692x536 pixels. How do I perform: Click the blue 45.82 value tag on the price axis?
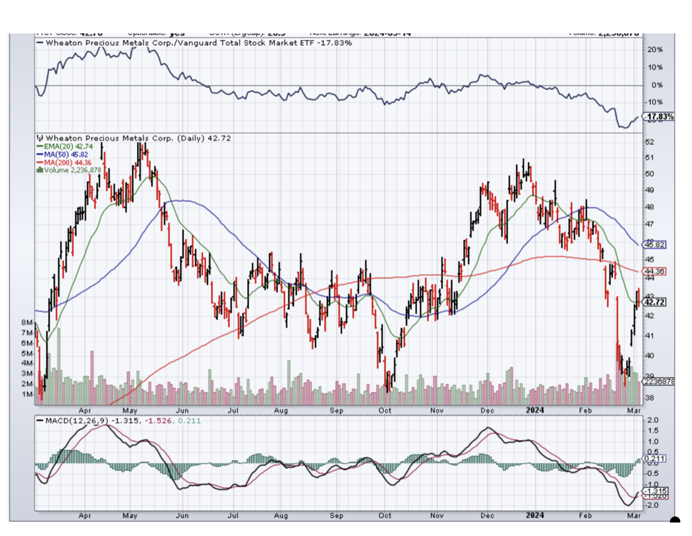pyautogui.click(x=655, y=244)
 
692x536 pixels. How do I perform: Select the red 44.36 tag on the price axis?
pyautogui.click(x=655, y=271)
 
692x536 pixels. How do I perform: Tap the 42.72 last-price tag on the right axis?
pyautogui.click(x=655, y=302)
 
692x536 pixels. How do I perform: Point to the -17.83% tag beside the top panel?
pyautogui.click(x=659, y=117)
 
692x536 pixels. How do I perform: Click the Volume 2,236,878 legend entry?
pyautogui.click(x=69, y=170)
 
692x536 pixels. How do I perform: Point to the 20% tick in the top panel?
pyautogui.click(x=655, y=50)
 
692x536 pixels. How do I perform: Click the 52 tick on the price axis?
pyautogui.click(x=649, y=142)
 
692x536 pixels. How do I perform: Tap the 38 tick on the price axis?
pyautogui.click(x=649, y=398)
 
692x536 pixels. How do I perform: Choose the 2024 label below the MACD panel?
pyautogui.click(x=535, y=515)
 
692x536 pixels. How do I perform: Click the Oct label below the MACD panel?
pyautogui.click(x=385, y=515)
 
